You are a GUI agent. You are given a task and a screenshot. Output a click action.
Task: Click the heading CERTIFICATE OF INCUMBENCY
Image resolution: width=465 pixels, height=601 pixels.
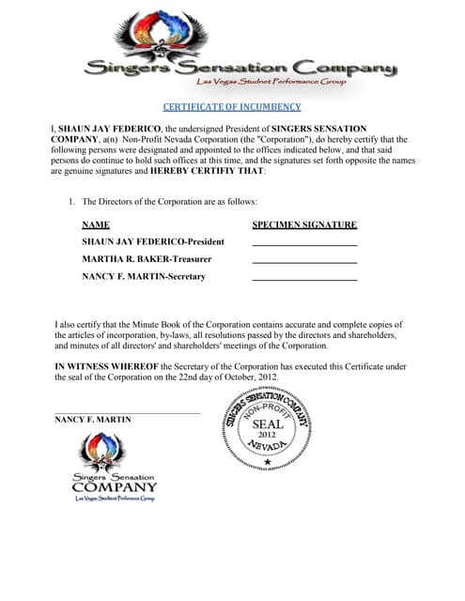click(x=232, y=107)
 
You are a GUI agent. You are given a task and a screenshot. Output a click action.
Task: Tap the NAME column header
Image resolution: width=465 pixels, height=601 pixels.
click(x=96, y=225)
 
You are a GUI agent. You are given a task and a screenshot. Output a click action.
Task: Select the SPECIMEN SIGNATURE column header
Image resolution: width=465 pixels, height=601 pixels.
click(x=304, y=225)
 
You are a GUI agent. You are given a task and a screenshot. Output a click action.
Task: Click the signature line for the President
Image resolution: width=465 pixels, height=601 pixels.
click(x=304, y=245)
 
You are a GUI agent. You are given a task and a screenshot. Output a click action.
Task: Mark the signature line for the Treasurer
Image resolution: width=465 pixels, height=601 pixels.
click(x=304, y=262)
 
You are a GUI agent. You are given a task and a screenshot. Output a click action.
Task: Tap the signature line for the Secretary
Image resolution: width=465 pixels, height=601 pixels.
click(x=304, y=280)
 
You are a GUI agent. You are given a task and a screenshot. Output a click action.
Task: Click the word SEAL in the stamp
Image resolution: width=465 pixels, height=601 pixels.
click(x=268, y=424)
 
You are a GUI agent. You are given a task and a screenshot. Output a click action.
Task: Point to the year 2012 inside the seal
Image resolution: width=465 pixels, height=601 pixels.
click(x=268, y=436)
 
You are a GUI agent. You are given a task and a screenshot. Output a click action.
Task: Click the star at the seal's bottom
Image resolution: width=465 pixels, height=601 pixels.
click(x=268, y=463)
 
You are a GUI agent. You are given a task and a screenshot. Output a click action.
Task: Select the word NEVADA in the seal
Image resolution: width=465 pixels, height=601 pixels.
click(x=268, y=452)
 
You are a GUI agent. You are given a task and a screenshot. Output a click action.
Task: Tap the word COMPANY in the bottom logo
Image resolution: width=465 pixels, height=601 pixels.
click(x=115, y=487)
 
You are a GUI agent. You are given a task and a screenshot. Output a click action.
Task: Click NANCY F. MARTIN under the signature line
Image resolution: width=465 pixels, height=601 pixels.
click(x=93, y=420)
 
